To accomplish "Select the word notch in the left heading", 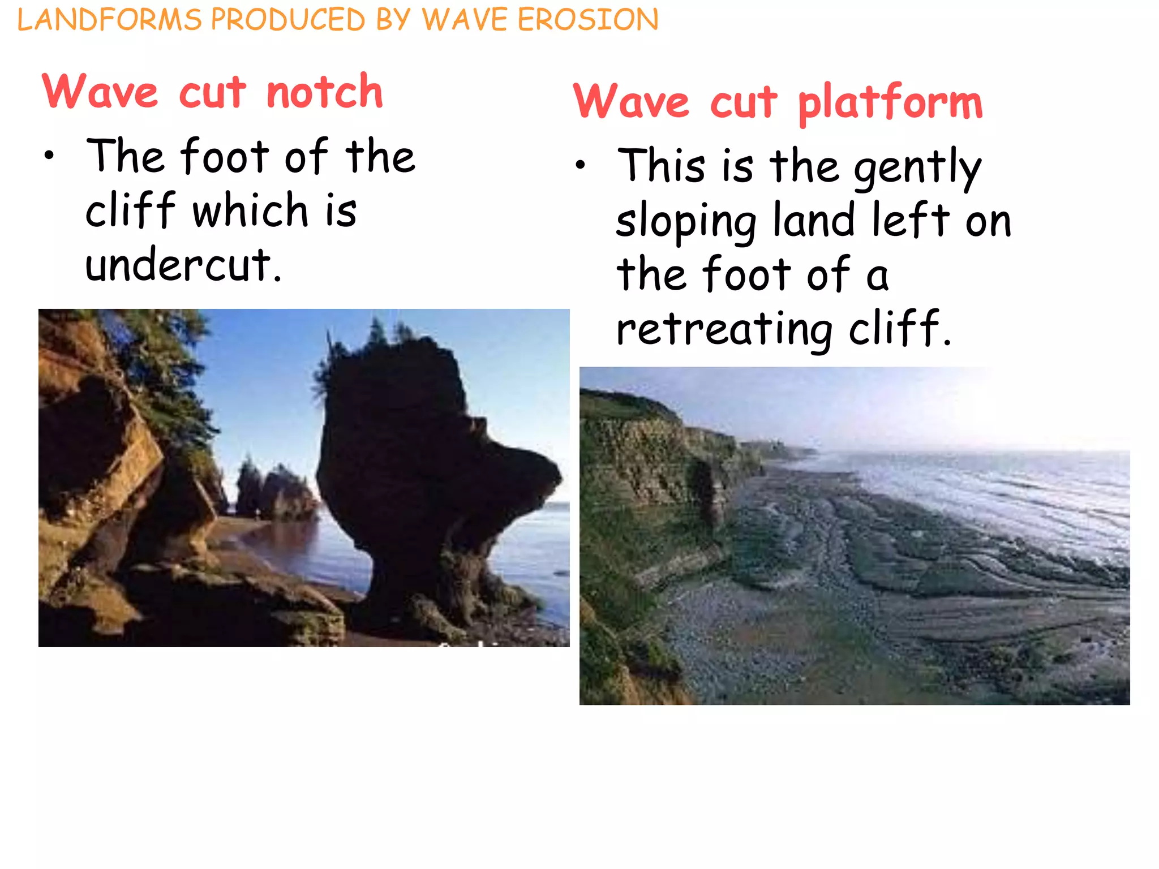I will coord(324,92).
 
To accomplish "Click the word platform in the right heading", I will coord(890,103).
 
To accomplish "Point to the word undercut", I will coord(183,265).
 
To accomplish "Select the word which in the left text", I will coord(250,210).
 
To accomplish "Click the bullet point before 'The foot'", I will coord(50,156).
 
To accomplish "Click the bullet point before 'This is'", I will coord(580,165).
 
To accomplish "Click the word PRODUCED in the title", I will coord(288,20).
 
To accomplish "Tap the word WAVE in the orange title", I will coord(465,20).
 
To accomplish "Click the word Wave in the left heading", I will coord(100,92).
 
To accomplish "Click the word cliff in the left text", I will coord(131,210).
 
